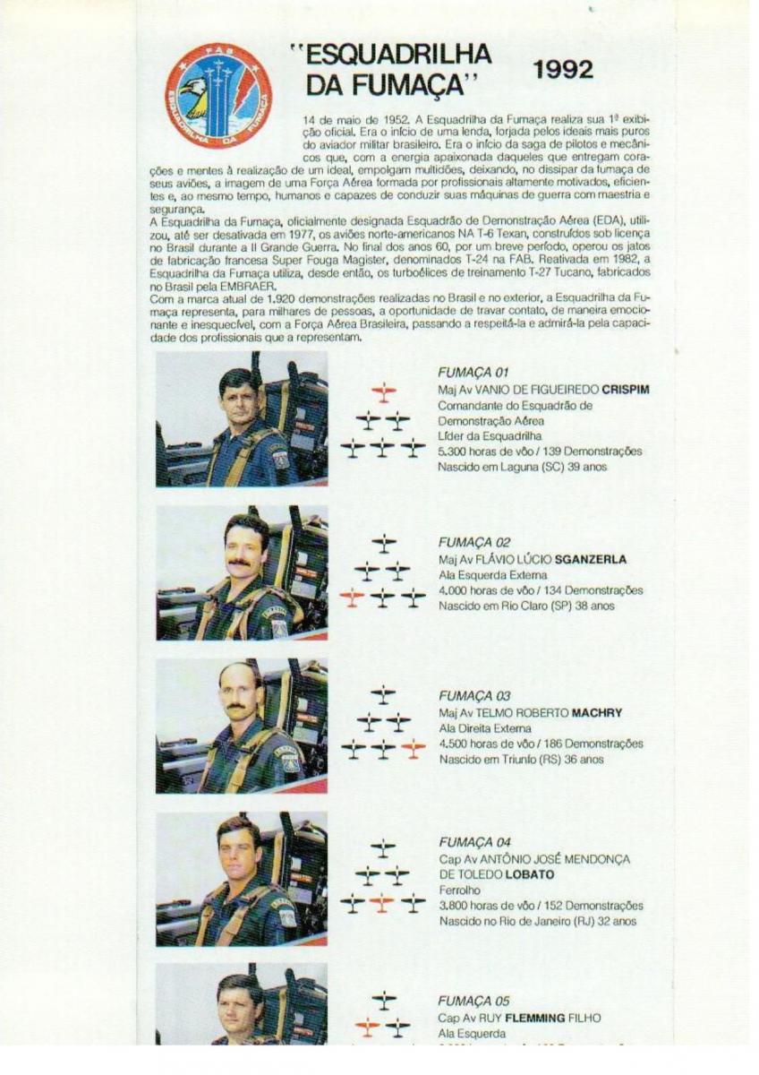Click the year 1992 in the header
click(x=562, y=71)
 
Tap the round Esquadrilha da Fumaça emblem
click(x=218, y=96)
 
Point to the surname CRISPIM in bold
click(x=625, y=389)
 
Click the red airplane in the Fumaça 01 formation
click(x=383, y=391)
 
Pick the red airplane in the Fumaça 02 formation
click(x=353, y=597)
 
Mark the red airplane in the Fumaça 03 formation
click(x=413, y=749)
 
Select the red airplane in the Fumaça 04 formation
click(x=382, y=903)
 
